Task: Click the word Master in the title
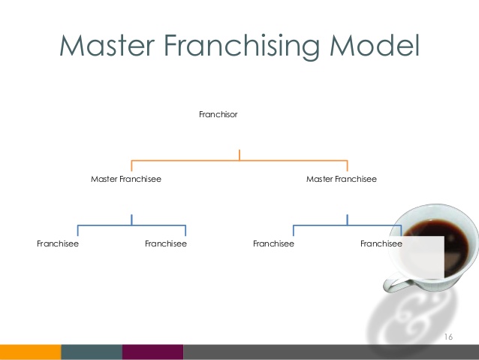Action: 105,46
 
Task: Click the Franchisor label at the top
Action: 218,115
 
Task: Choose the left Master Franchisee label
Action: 126,180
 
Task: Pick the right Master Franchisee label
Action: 342,180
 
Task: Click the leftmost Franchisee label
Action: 58,244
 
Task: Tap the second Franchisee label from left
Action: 166,244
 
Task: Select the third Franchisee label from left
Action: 273,244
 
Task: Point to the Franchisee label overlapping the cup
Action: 381,244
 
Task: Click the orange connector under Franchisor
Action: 239,160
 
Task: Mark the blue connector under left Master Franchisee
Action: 131,225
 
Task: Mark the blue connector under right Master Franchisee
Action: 347,225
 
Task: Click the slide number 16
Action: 449,336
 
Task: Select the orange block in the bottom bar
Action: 30,352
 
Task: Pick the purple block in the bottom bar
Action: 152,352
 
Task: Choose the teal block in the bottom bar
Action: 92,352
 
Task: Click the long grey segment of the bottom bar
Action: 330,352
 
